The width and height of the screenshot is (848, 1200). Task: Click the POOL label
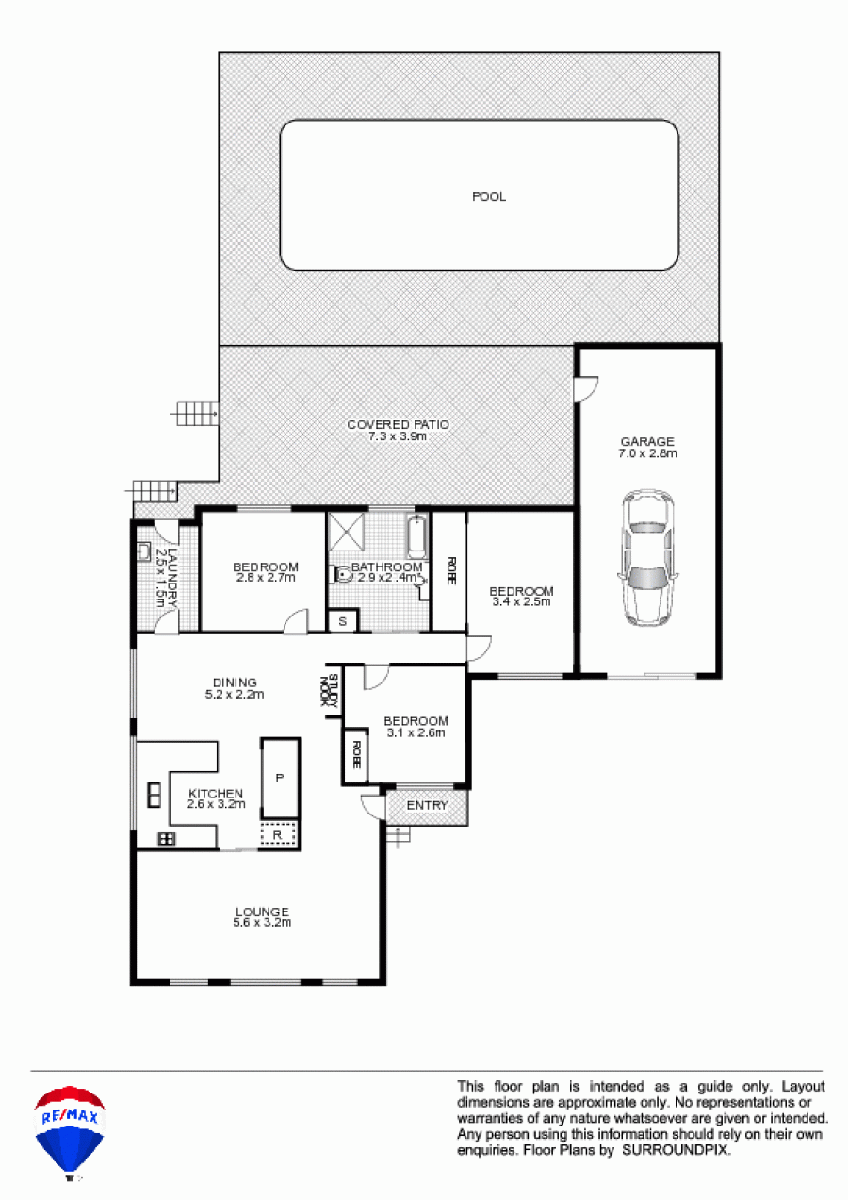click(x=489, y=197)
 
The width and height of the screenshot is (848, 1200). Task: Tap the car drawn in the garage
click(x=648, y=557)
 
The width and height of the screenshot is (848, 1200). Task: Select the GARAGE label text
click(x=647, y=441)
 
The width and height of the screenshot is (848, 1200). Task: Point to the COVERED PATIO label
click(x=398, y=424)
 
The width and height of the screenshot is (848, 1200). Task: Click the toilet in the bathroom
click(x=343, y=575)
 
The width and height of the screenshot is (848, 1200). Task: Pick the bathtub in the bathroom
click(x=417, y=537)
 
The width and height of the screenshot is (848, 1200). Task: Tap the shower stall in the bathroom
click(x=346, y=531)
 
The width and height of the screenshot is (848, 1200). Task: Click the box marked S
click(x=343, y=621)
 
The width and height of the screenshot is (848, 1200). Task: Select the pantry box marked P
click(x=280, y=778)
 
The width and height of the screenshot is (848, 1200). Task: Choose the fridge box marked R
click(x=278, y=834)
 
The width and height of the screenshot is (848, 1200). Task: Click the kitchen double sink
click(x=155, y=796)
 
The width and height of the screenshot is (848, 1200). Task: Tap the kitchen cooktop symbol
click(x=167, y=839)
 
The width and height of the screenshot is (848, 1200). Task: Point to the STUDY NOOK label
click(x=330, y=692)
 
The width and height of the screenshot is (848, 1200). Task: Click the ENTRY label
click(x=427, y=805)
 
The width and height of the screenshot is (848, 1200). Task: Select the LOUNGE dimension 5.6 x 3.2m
click(x=262, y=922)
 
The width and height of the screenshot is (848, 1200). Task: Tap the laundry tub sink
click(x=143, y=551)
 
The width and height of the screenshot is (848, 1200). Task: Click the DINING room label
click(x=235, y=682)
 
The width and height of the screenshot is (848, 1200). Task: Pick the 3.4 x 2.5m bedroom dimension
click(x=521, y=601)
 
